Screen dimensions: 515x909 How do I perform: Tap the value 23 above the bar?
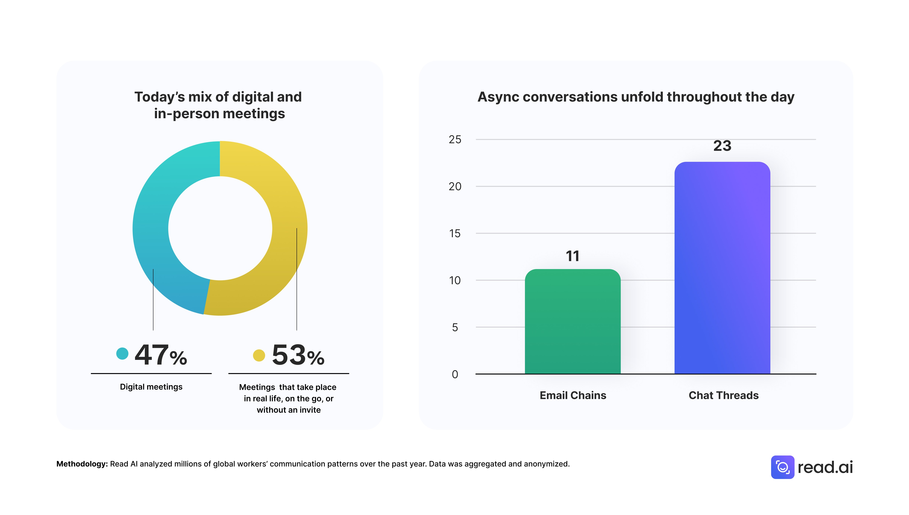click(x=722, y=146)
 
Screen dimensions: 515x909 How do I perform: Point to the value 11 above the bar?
click(x=572, y=256)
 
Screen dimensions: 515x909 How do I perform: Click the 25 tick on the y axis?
click(x=455, y=140)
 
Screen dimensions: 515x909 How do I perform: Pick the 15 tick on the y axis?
click(x=455, y=233)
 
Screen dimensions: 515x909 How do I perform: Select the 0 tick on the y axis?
click(x=455, y=374)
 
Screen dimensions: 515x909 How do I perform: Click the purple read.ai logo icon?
click(x=782, y=467)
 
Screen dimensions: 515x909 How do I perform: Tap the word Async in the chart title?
click(x=498, y=97)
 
